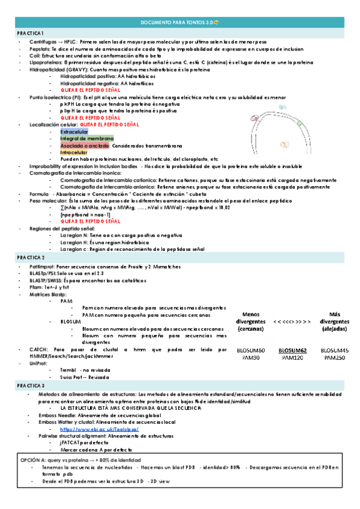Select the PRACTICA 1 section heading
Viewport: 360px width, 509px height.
point(30,32)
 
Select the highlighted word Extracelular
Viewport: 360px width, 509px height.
point(74,131)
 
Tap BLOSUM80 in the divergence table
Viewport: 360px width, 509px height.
point(250,351)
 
